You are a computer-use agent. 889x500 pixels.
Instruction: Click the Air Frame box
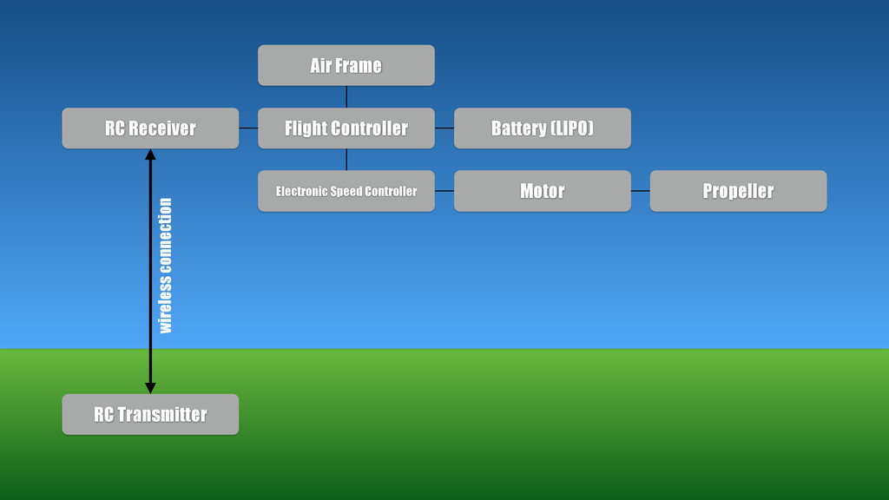pyautogui.click(x=346, y=65)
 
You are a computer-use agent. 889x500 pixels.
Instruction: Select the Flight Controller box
pyautogui.click(x=346, y=128)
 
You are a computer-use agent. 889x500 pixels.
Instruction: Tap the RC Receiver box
pyautogui.click(x=150, y=128)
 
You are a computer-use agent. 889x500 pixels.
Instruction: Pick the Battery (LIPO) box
pyautogui.click(x=542, y=128)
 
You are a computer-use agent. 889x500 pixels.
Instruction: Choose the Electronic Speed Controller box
pyautogui.click(x=346, y=191)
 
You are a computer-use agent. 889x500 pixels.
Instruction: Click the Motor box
pyautogui.click(x=542, y=191)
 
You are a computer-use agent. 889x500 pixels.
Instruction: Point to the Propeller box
pyautogui.click(x=738, y=191)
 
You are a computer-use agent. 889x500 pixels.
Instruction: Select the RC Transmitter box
pyautogui.click(x=150, y=414)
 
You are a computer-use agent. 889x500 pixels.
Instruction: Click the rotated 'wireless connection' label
pyautogui.click(x=165, y=266)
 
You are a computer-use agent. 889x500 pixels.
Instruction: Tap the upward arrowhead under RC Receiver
pyautogui.click(x=150, y=155)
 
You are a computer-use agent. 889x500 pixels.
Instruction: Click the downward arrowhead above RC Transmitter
pyautogui.click(x=150, y=387)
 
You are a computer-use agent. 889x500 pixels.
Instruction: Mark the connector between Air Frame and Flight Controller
pyautogui.click(x=346, y=96)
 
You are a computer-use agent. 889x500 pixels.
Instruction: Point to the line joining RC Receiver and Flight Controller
pyautogui.click(x=248, y=128)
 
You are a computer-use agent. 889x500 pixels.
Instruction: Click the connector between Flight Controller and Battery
pyautogui.click(x=444, y=128)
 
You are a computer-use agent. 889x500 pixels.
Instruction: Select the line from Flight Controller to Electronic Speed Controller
pyautogui.click(x=346, y=160)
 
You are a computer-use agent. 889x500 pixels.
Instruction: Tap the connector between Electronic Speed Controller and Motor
pyautogui.click(x=444, y=191)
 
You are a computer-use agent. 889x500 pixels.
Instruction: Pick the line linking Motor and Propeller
pyautogui.click(x=640, y=191)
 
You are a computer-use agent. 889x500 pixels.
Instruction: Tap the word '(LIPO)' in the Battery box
pyautogui.click(x=571, y=128)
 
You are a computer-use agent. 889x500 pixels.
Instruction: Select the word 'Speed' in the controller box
pyautogui.click(x=346, y=191)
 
